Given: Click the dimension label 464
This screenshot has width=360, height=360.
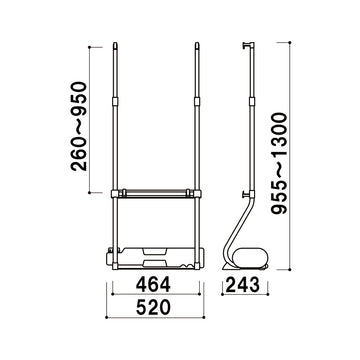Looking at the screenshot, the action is click(154, 284).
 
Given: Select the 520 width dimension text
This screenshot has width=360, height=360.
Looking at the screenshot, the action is click(154, 307).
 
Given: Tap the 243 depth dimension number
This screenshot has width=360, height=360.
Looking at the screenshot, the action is click(243, 284).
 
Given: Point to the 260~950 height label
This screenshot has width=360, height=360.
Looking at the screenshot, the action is click(79, 126).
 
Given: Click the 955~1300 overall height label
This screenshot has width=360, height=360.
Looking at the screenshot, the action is click(279, 163).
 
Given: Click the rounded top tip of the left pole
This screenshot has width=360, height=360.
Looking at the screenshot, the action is click(115, 44).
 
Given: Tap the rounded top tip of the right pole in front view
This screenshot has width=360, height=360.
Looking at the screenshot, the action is click(197, 44).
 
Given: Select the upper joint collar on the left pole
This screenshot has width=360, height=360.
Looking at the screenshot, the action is click(115, 101).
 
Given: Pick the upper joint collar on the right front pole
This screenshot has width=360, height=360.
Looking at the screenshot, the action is click(197, 101).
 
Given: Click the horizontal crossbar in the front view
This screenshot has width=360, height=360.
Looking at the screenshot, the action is click(156, 193).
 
